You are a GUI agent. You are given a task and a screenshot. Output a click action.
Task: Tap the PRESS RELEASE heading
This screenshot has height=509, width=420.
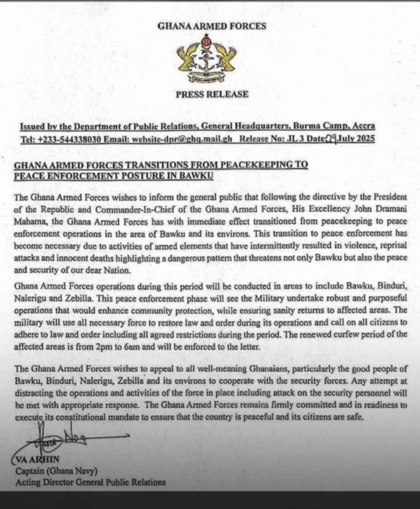coord(211,94)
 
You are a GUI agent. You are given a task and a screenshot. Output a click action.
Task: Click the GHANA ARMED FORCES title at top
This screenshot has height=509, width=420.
coord(211,26)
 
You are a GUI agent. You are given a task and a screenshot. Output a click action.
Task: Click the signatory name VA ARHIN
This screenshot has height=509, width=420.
coord(37,460)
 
